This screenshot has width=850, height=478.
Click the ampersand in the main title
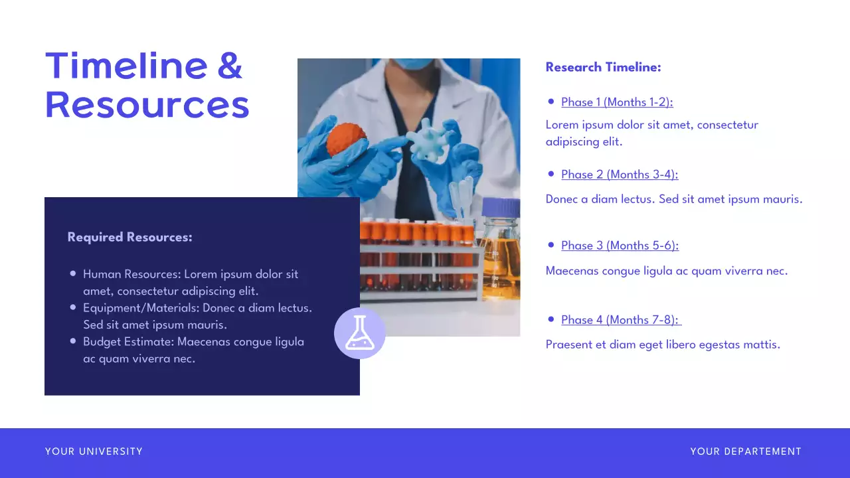tap(229, 66)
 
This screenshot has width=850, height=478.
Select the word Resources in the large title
tap(147, 105)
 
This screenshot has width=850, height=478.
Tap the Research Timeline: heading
tap(603, 67)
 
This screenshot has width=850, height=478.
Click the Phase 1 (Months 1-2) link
tap(617, 102)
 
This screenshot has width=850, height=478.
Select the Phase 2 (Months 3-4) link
tap(620, 175)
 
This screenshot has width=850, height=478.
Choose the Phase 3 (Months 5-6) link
tap(620, 246)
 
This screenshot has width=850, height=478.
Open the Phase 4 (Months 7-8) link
tap(620, 320)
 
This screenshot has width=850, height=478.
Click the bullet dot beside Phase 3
tap(551, 245)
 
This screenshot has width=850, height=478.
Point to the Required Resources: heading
tap(129, 237)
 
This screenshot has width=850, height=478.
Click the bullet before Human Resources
tap(73, 274)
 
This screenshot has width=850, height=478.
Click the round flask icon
tap(360, 333)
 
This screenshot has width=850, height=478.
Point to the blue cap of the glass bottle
tap(501, 208)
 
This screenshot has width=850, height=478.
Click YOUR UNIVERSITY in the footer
tap(94, 451)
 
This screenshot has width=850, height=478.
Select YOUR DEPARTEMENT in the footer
tap(746, 451)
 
